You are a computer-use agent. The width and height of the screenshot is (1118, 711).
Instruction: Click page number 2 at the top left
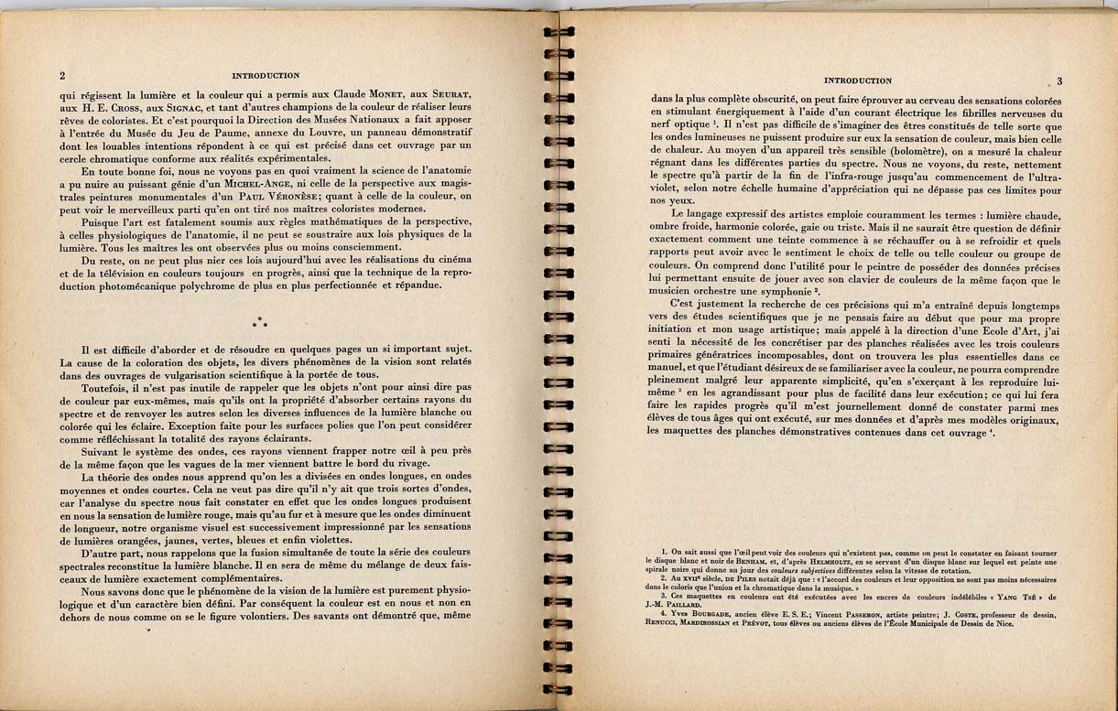61,76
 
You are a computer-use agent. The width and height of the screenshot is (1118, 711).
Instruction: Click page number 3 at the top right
1058,81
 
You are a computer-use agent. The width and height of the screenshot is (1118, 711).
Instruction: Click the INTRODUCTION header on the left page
266,76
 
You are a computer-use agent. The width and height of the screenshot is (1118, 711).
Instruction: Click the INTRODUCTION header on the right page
858,81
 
